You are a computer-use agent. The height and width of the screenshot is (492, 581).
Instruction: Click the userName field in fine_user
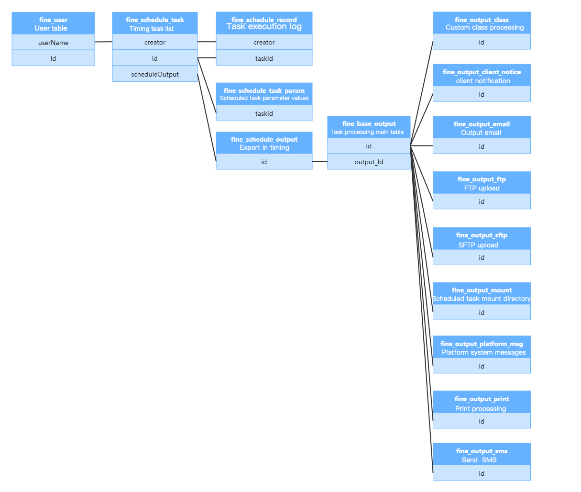tap(53, 43)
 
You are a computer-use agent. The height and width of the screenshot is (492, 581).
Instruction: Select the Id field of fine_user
tap(53, 58)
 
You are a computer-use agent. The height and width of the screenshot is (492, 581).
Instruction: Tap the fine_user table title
tap(53, 20)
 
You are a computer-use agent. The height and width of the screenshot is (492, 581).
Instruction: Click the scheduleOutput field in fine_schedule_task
tap(155, 74)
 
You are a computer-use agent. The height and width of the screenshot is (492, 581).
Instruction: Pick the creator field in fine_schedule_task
tap(155, 42)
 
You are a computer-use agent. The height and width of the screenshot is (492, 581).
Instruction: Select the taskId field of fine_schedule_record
tap(264, 58)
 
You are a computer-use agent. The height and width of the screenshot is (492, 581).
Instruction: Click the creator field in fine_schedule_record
tap(264, 42)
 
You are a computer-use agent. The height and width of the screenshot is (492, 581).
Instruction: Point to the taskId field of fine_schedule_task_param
tap(264, 113)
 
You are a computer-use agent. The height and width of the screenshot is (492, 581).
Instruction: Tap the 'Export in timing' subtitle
tap(264, 147)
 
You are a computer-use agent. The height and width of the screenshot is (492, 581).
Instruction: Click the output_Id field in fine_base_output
tap(369, 162)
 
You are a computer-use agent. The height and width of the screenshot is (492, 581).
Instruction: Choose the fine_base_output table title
tap(369, 123)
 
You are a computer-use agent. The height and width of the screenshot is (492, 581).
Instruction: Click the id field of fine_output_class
tap(482, 42)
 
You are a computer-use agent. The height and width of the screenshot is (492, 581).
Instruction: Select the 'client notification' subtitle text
tap(482, 81)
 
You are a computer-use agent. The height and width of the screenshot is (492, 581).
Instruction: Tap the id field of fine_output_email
tap(482, 146)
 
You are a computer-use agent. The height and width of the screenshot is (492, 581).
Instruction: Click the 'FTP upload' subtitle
tap(482, 188)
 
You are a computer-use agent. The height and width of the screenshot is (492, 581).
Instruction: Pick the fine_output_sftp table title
tap(482, 235)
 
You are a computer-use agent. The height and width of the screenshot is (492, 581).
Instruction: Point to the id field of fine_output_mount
tap(482, 313)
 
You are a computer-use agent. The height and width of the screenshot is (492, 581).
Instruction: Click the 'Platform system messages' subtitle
tap(483, 352)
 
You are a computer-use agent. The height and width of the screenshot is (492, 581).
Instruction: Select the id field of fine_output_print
tap(482, 421)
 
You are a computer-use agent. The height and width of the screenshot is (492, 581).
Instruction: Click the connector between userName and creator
tap(103, 42)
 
